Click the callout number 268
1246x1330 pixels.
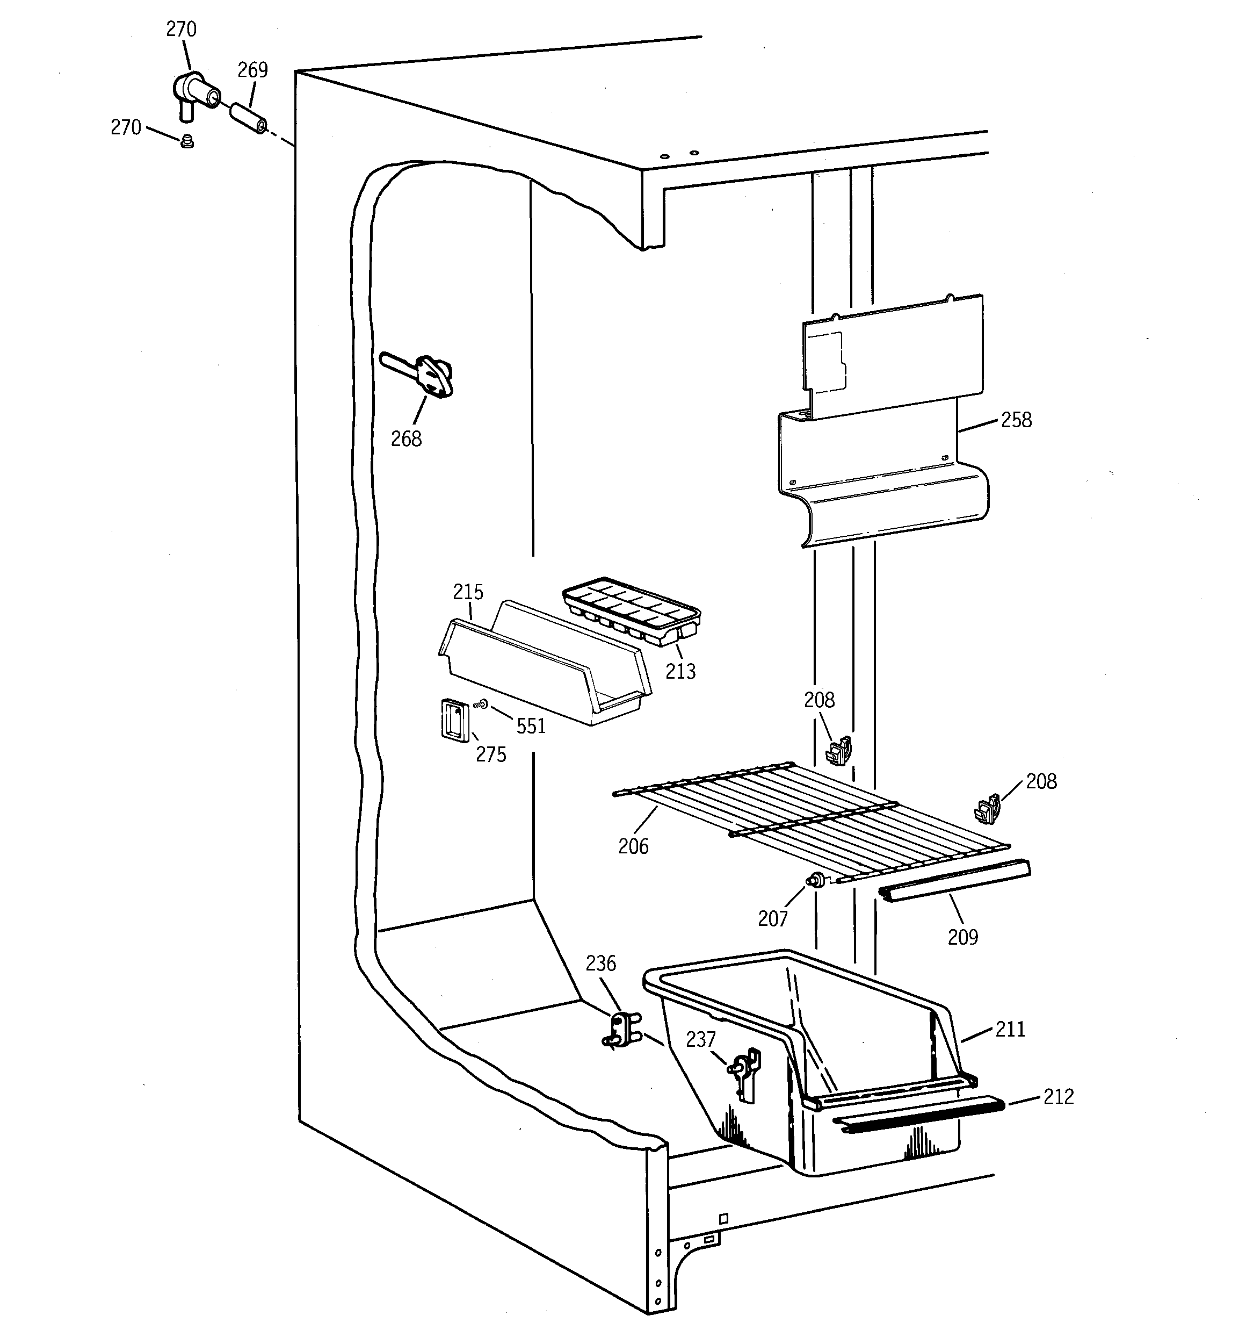tap(406, 439)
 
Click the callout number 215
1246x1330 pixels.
tap(468, 592)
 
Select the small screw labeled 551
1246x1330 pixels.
tap(480, 704)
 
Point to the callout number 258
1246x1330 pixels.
tap(1016, 420)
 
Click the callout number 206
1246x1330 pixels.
tap(633, 846)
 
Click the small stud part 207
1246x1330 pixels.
tap(816, 880)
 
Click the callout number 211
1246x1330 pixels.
tap(1010, 1029)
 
